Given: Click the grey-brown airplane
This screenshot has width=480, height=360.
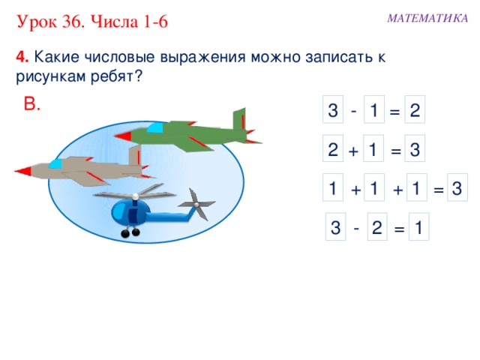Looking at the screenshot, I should [x=82, y=169].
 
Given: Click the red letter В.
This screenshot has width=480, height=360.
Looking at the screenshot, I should [x=32, y=104].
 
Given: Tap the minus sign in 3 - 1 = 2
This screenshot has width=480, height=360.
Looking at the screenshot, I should [x=353, y=110].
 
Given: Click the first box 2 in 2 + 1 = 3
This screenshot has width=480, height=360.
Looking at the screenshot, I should [x=332, y=150].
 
